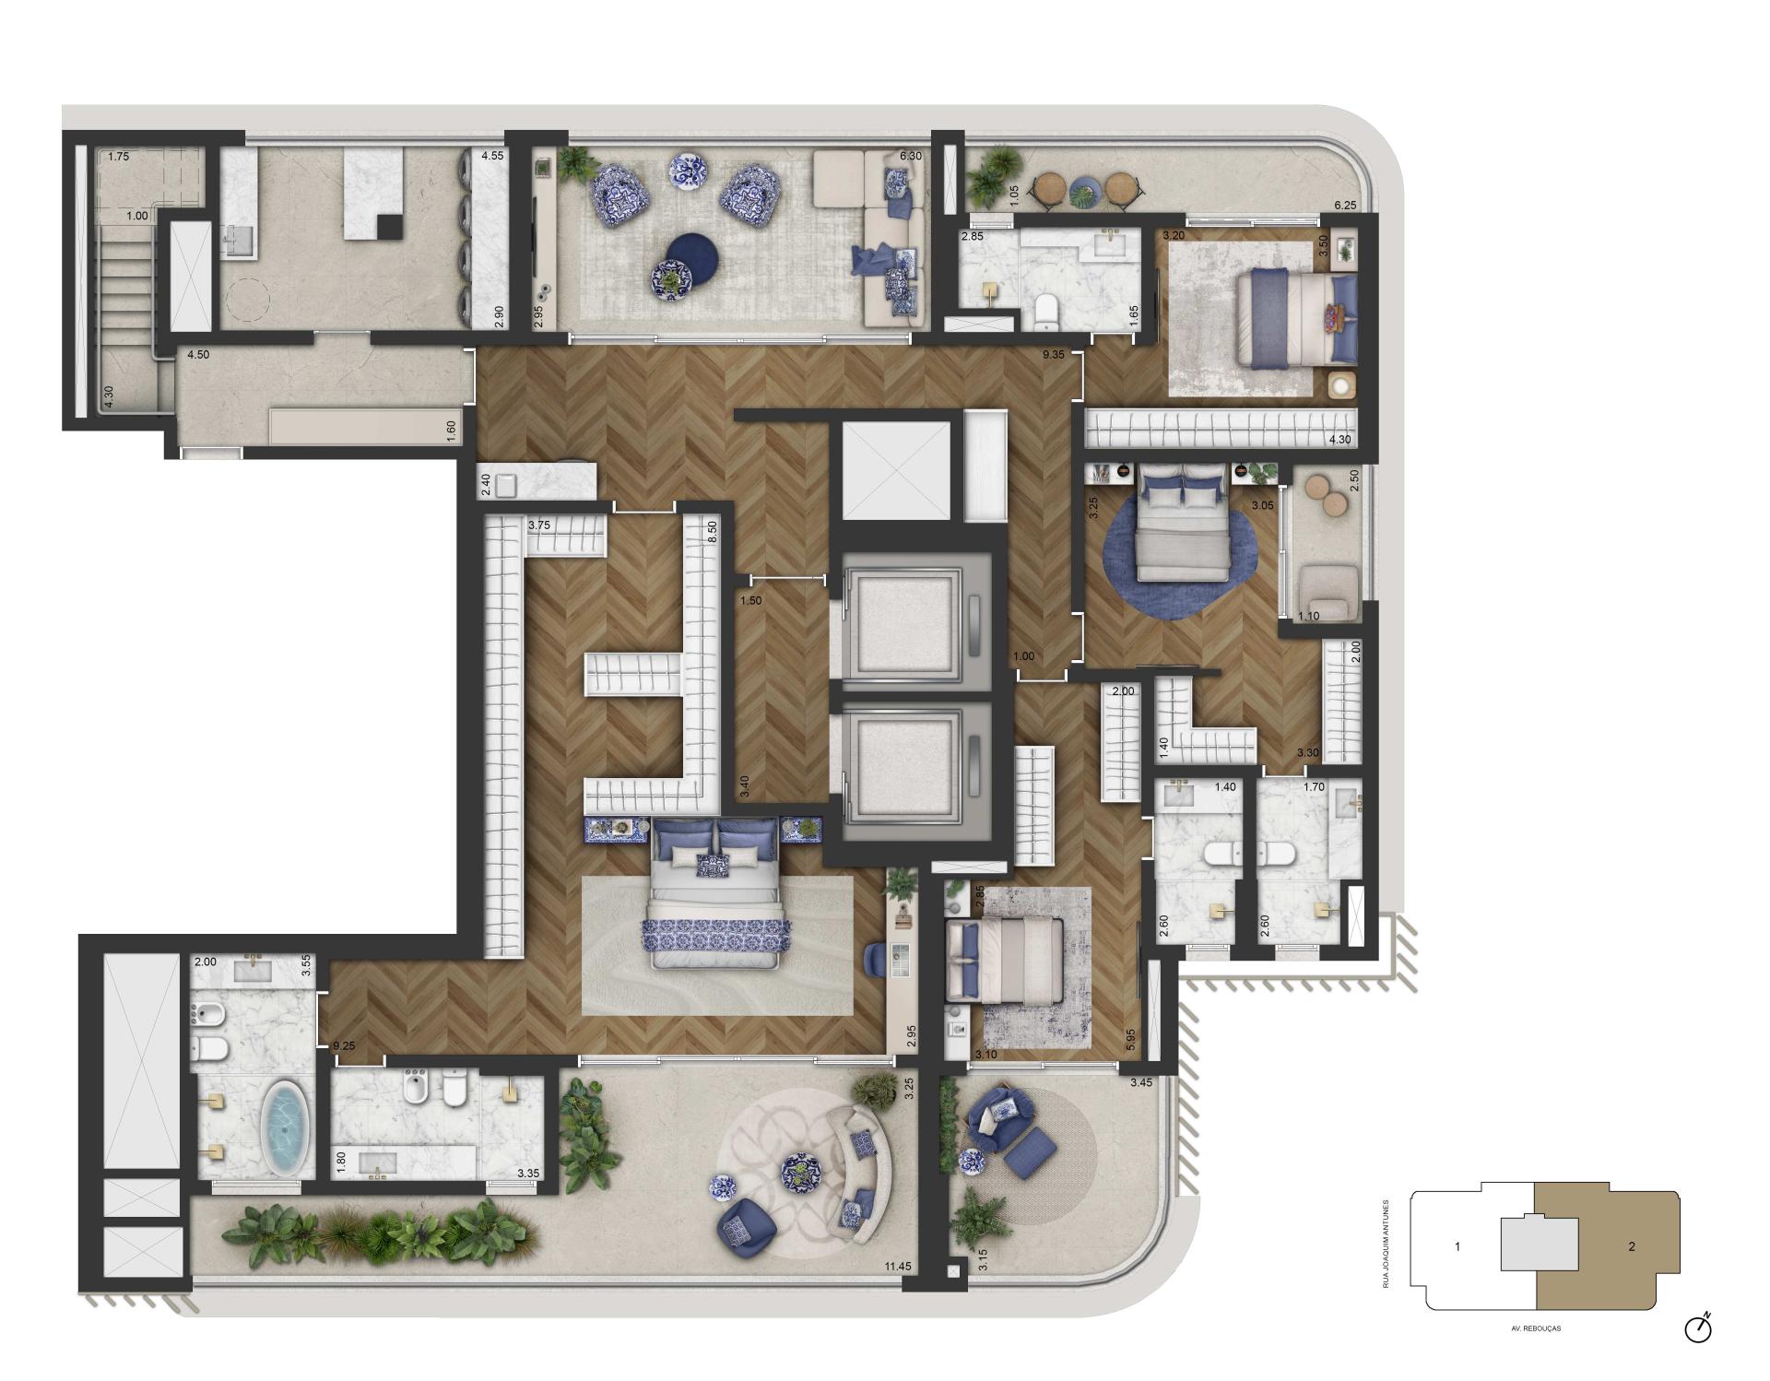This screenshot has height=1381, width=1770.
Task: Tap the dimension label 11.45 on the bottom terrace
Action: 897,1266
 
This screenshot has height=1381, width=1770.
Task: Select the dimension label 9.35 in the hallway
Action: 1054,354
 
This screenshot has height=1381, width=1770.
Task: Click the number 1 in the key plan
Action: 1457,1246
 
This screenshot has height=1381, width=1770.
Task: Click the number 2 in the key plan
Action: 1632,1246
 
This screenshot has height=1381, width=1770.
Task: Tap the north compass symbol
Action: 1698,1328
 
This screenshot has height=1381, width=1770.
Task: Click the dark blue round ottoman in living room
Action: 691,254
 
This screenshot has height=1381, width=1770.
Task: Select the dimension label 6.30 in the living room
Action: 910,156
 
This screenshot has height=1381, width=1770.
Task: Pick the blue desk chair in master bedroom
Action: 875,959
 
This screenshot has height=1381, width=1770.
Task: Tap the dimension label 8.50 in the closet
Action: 712,532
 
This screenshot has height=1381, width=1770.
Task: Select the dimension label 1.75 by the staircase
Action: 118,157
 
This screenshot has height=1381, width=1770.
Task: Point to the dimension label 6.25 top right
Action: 1345,206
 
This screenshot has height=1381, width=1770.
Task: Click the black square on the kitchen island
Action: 391,227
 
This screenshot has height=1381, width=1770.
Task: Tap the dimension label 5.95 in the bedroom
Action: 1130,1039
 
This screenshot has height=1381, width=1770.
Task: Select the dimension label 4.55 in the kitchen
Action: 492,156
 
